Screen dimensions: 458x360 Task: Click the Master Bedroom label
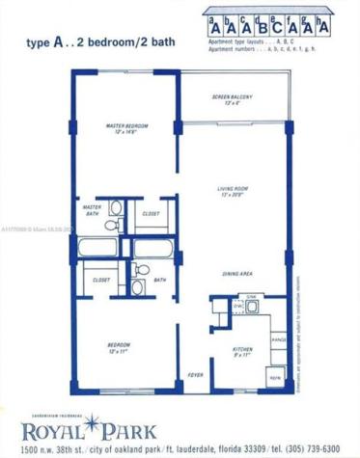tap(126, 126)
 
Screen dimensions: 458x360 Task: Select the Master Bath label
tap(93, 211)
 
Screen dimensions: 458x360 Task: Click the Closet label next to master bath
tap(151, 213)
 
